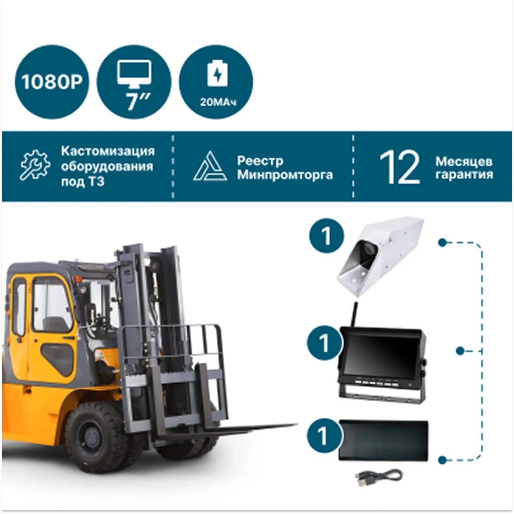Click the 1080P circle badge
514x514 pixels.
click(52, 82)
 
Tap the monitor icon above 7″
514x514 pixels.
click(135, 74)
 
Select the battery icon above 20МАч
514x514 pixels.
click(217, 73)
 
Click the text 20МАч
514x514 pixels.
click(218, 102)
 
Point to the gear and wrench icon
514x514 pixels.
click(35, 165)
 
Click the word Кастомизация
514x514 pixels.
click(107, 151)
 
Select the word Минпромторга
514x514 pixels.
click(285, 175)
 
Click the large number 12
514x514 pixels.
click(400, 167)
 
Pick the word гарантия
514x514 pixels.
click(464, 174)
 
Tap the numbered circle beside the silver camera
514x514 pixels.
click(326, 236)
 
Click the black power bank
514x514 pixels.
click(383, 440)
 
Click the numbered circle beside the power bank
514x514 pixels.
click(324, 436)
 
